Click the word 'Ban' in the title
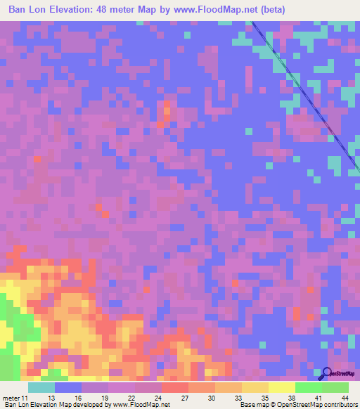[x=20, y=10]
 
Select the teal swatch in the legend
[x=41, y=387]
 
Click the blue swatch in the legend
[x=68, y=387]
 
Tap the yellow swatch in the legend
[x=281, y=387]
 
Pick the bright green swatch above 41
[x=308, y=387]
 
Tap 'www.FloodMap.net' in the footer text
[x=141, y=405]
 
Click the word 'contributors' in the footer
[x=340, y=405]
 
